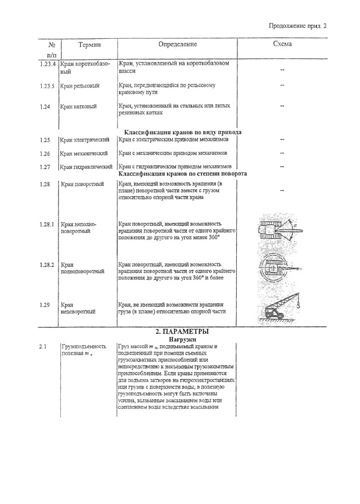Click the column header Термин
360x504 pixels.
[x=90, y=44]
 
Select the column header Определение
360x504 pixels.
[x=177, y=44]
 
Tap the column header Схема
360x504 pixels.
[x=282, y=44]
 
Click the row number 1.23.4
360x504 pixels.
[x=48, y=63]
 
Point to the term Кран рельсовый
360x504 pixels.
[x=80, y=86]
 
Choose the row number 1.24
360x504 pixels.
[x=45, y=107]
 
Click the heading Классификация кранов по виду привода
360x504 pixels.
[x=183, y=132]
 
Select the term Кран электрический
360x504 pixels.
[x=84, y=140]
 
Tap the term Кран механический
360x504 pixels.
[x=84, y=154]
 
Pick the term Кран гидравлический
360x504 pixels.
[x=86, y=167]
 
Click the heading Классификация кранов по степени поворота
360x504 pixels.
[x=183, y=173]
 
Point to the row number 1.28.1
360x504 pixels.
[x=47, y=224]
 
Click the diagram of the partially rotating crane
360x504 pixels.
[x=280, y=230]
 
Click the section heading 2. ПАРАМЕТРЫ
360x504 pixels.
[x=182, y=332]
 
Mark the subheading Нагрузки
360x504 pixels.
[x=182, y=339]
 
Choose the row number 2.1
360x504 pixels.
[x=43, y=347]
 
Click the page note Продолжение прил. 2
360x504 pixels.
[x=298, y=26]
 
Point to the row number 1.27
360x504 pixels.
[x=45, y=167]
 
